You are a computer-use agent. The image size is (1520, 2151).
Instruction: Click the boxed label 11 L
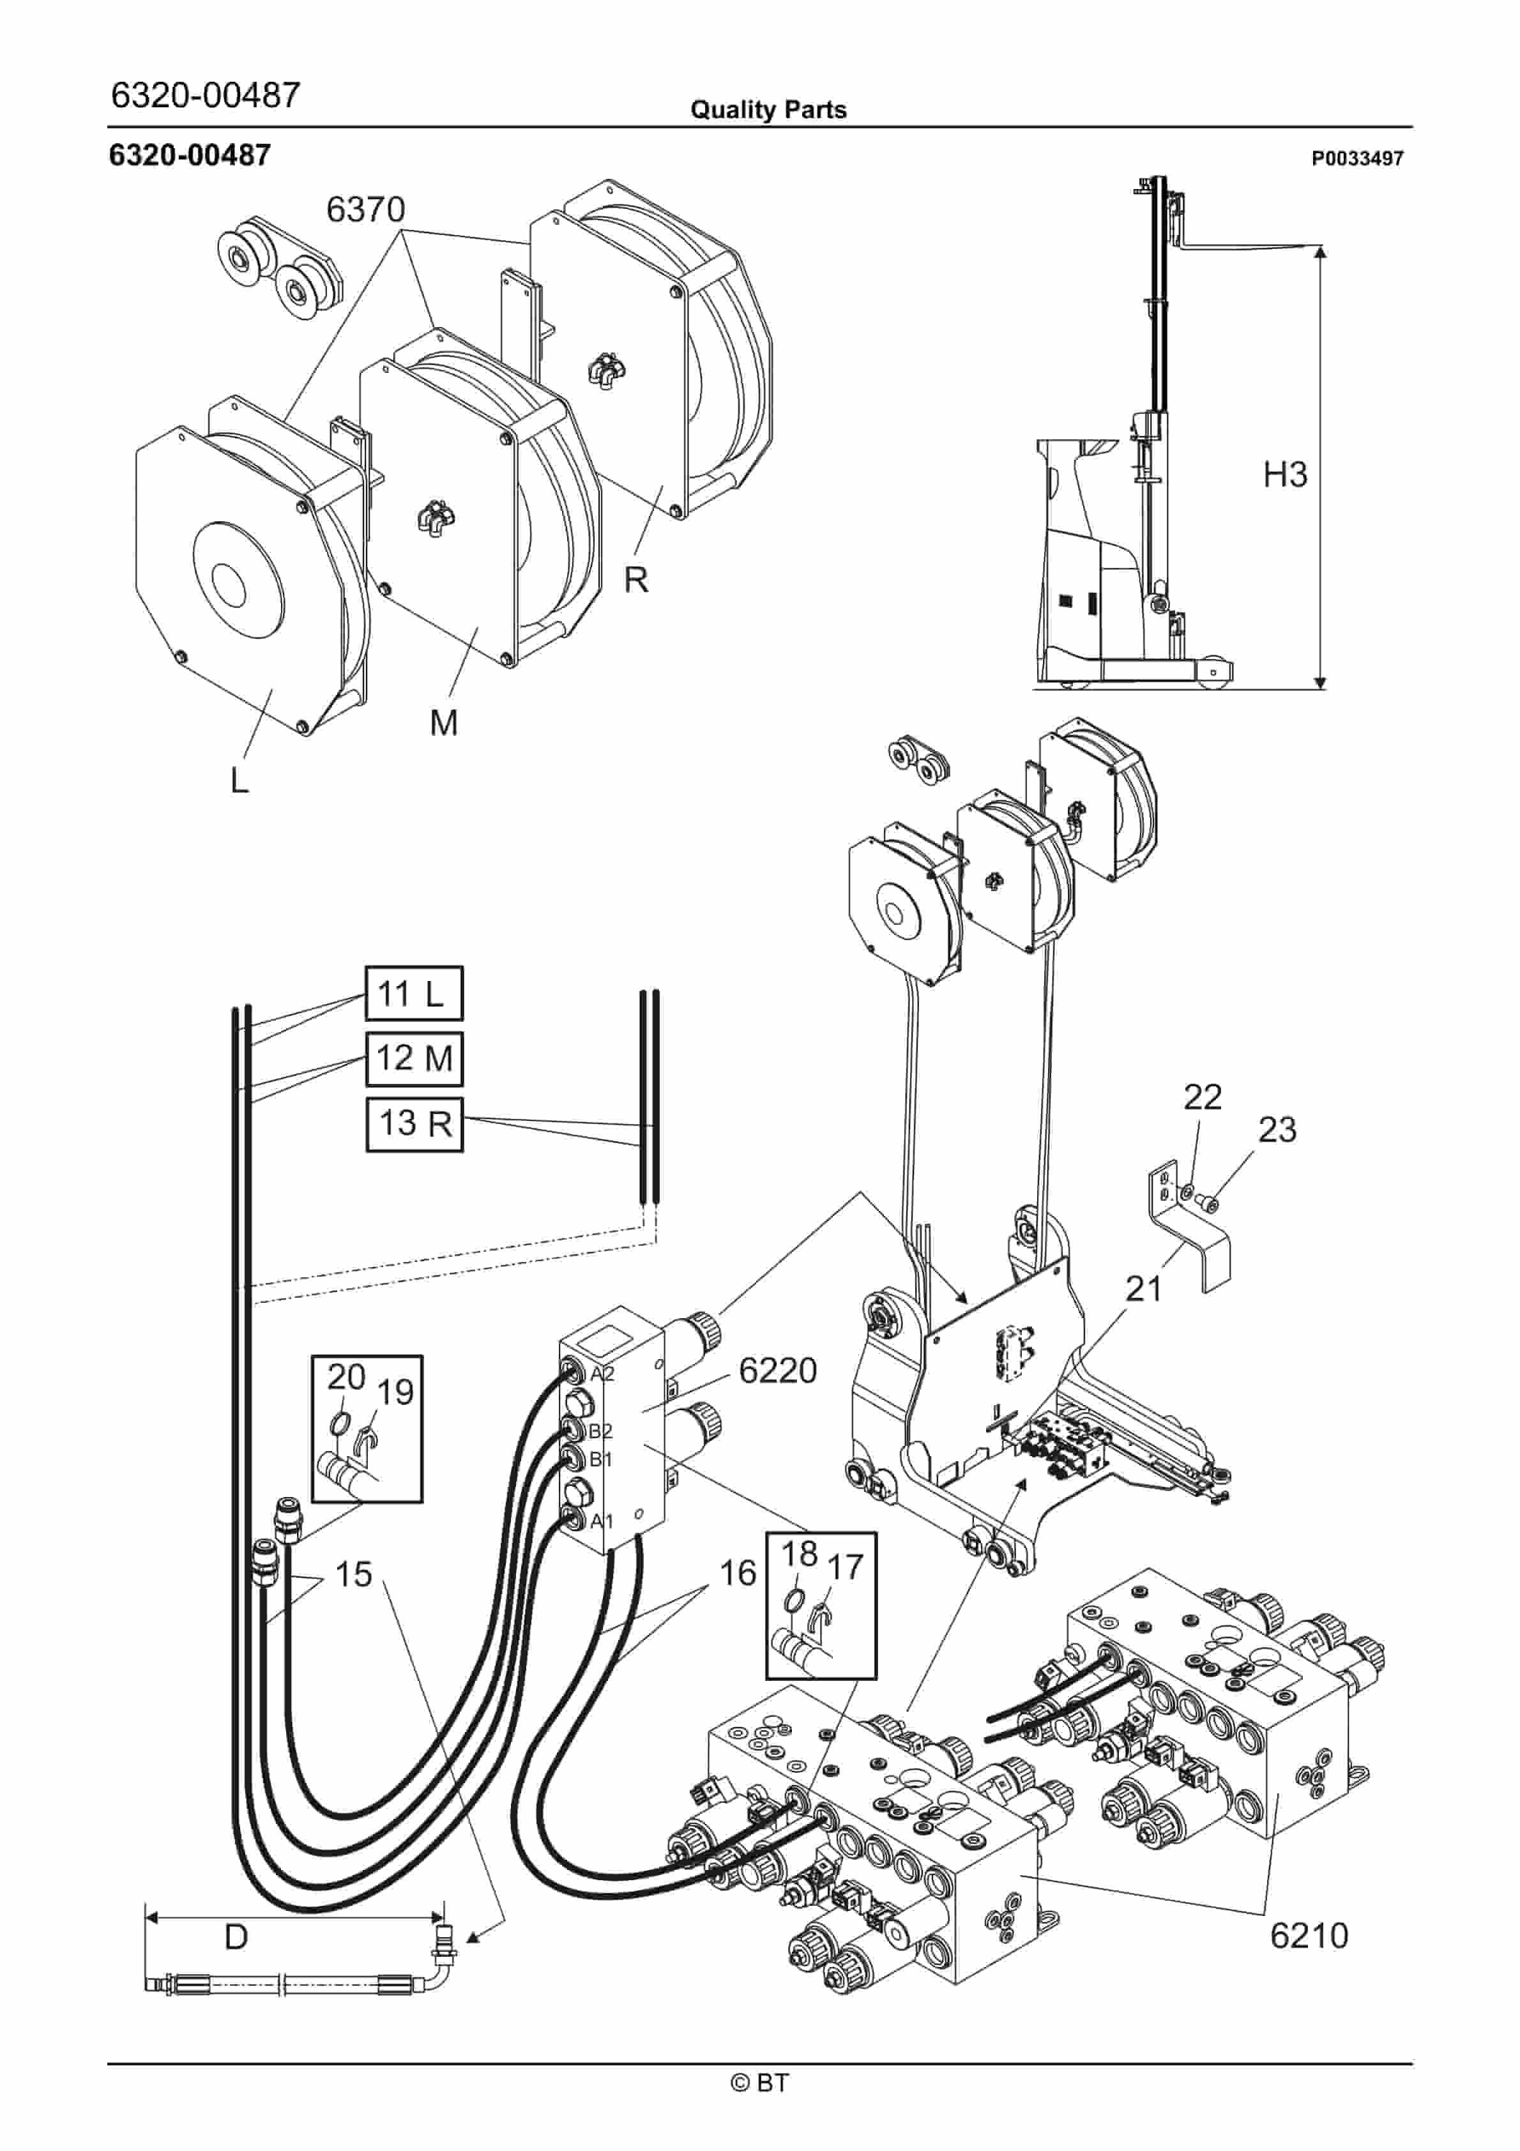[x=413, y=993]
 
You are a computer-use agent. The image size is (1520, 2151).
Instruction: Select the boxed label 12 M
[x=413, y=1058]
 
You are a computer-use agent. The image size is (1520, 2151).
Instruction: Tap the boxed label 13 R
[x=413, y=1123]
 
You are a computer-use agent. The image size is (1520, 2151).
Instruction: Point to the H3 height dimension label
[x=1285, y=474]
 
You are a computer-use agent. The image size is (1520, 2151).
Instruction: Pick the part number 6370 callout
[x=365, y=209]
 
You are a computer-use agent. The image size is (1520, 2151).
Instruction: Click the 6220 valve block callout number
[x=778, y=1370]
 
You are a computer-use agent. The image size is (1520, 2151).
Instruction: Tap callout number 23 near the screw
[x=1277, y=1129]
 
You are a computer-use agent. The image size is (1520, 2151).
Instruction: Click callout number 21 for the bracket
[x=1143, y=1288]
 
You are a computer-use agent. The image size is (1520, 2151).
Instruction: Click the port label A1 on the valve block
[x=602, y=1521]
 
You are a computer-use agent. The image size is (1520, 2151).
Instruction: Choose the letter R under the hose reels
[x=636, y=580]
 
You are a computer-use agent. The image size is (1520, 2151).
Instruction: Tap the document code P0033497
[x=1357, y=158]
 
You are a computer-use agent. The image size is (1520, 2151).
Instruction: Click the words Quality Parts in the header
[x=768, y=110]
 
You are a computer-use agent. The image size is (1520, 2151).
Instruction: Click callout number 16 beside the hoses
[x=738, y=1573]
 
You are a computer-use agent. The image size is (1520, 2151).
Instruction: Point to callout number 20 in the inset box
[x=346, y=1376]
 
